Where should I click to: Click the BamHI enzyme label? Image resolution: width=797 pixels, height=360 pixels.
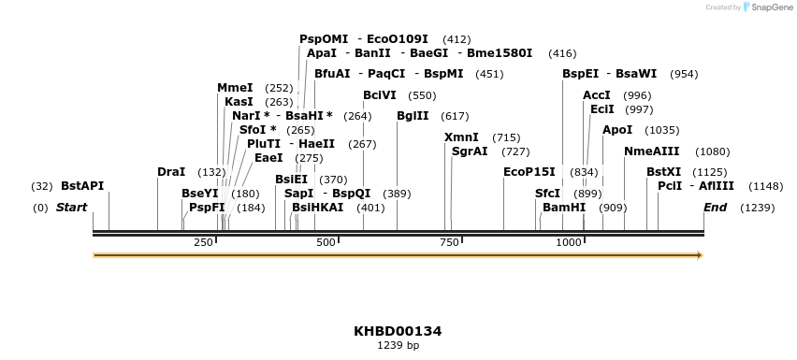click(564, 208)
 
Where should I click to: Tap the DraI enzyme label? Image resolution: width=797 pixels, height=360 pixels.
click(171, 172)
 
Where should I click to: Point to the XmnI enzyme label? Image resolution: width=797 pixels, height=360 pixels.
click(461, 137)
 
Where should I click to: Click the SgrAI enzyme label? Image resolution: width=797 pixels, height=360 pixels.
click(470, 151)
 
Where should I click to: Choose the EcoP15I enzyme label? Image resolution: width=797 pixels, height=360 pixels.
click(529, 172)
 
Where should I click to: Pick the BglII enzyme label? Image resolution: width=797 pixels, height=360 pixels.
click(413, 116)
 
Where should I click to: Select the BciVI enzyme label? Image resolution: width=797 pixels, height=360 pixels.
click(380, 95)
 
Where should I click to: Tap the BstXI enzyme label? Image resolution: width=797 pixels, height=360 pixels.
click(664, 172)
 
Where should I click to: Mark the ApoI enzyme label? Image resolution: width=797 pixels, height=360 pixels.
click(617, 130)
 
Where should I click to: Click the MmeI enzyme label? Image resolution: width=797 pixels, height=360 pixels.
click(235, 88)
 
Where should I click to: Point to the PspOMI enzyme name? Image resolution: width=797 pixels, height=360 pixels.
click(324, 39)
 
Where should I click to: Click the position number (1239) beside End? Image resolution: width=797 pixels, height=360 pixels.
click(757, 208)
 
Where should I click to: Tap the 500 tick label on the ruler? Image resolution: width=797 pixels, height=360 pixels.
click(326, 243)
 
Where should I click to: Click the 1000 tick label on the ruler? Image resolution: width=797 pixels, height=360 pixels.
click(569, 243)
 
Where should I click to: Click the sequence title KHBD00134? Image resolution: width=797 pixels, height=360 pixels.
click(398, 331)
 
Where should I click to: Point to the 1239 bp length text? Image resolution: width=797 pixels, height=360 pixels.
click(398, 346)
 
